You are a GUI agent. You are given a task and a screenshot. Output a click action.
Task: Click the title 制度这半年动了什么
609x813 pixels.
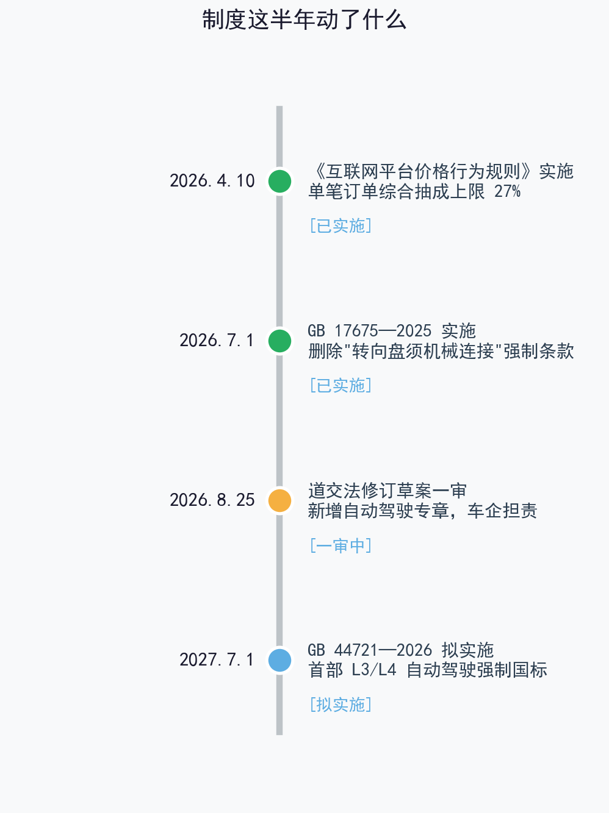click(x=304, y=20)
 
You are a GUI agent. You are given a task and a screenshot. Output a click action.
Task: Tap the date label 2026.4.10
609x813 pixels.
click(x=212, y=181)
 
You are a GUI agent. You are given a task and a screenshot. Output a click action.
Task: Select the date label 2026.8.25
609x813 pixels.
click(x=212, y=500)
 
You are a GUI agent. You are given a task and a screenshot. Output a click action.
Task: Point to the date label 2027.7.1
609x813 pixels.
click(x=217, y=659)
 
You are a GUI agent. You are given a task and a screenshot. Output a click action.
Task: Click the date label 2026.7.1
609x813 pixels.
click(x=217, y=341)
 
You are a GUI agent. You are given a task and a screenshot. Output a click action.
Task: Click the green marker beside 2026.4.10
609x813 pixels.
click(x=279, y=181)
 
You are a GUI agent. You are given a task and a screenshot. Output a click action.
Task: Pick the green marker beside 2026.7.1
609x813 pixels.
click(x=279, y=341)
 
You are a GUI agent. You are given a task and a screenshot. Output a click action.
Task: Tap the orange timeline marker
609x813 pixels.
click(x=279, y=500)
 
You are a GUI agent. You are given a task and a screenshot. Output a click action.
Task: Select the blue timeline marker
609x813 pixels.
click(x=279, y=660)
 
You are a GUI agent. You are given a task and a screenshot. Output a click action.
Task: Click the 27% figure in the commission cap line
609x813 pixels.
click(x=507, y=191)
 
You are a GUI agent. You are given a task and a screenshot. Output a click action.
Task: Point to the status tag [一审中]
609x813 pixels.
click(x=341, y=545)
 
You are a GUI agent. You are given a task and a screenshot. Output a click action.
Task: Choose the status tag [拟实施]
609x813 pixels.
click(x=341, y=705)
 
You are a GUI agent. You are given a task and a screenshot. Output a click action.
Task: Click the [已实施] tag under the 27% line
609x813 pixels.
click(x=341, y=226)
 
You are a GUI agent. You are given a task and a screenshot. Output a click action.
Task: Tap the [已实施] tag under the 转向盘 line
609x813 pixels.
click(x=341, y=386)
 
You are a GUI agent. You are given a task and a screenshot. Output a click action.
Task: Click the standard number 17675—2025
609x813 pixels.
click(x=383, y=331)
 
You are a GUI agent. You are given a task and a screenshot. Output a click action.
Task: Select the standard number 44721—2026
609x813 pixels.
click(x=383, y=650)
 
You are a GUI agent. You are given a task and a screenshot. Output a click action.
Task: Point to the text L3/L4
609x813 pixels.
click(x=374, y=670)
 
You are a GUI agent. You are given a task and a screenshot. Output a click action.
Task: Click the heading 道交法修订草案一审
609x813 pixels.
click(x=387, y=491)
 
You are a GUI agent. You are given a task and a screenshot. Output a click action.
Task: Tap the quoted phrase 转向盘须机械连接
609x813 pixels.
click(x=423, y=351)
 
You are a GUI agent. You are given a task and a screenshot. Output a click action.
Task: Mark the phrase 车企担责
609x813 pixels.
click(x=502, y=511)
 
